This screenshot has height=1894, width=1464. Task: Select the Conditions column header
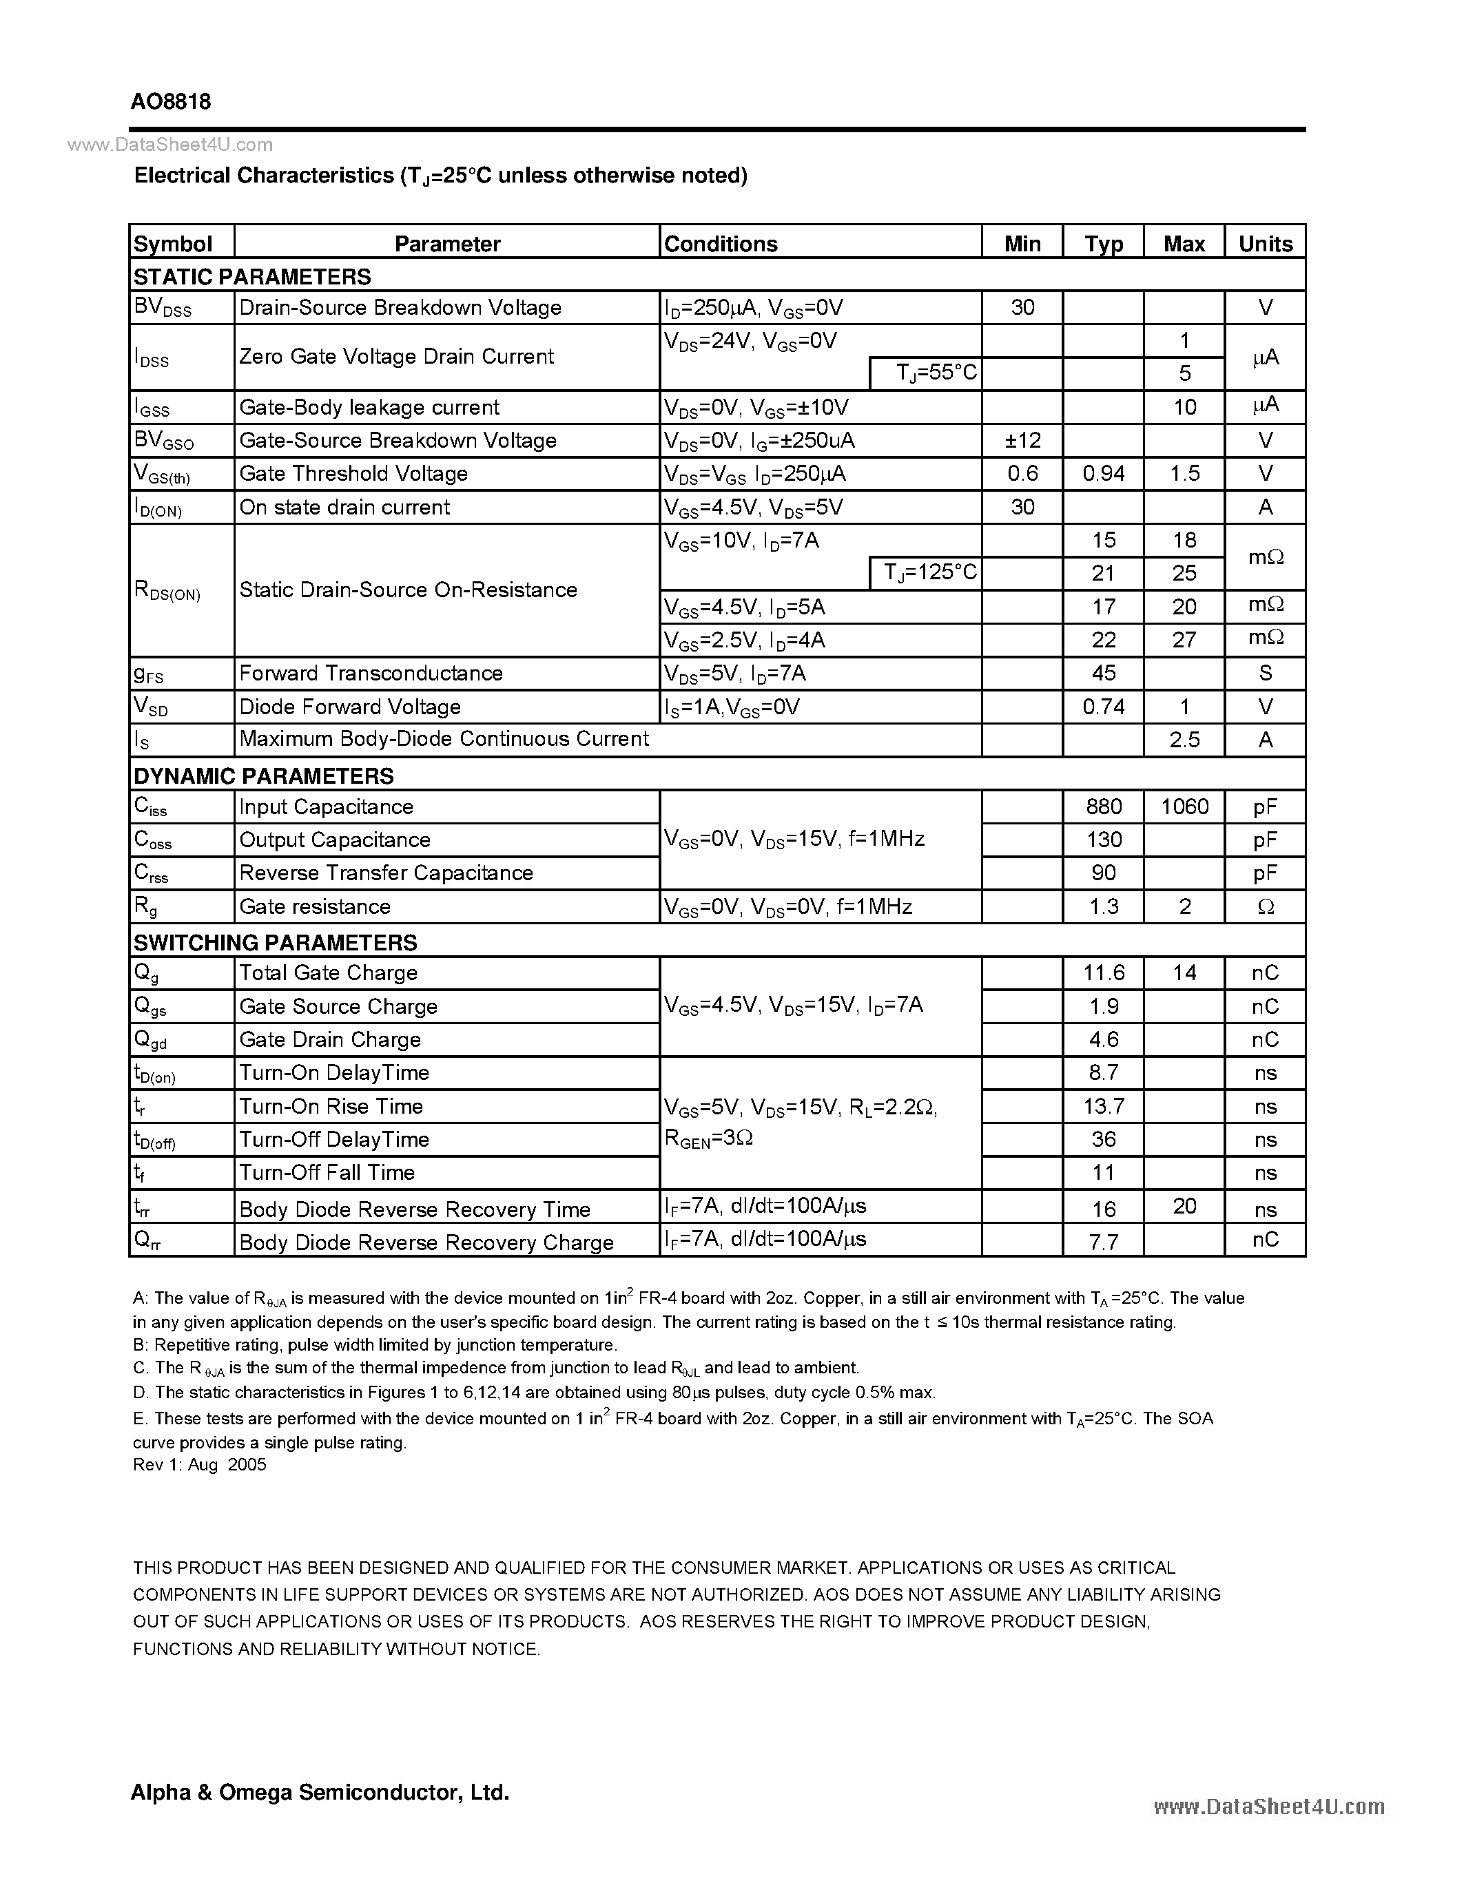click(720, 244)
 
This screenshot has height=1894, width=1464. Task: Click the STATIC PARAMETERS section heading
click(251, 277)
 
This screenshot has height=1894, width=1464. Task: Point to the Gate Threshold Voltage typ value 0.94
click(1103, 474)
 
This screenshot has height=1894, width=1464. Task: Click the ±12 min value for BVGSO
click(1022, 441)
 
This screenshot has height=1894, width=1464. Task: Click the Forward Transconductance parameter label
click(371, 673)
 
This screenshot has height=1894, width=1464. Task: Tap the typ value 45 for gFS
click(1103, 673)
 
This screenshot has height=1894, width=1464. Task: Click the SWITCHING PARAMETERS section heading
click(275, 943)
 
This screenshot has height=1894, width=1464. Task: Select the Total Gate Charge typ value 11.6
click(1103, 973)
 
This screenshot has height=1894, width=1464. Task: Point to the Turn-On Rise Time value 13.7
click(1103, 1107)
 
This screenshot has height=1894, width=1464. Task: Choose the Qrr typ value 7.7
click(1103, 1242)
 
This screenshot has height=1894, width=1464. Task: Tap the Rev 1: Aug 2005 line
click(200, 1465)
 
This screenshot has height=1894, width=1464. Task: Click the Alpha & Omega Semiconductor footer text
click(319, 1791)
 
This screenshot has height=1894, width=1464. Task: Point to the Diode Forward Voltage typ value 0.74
click(1103, 707)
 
